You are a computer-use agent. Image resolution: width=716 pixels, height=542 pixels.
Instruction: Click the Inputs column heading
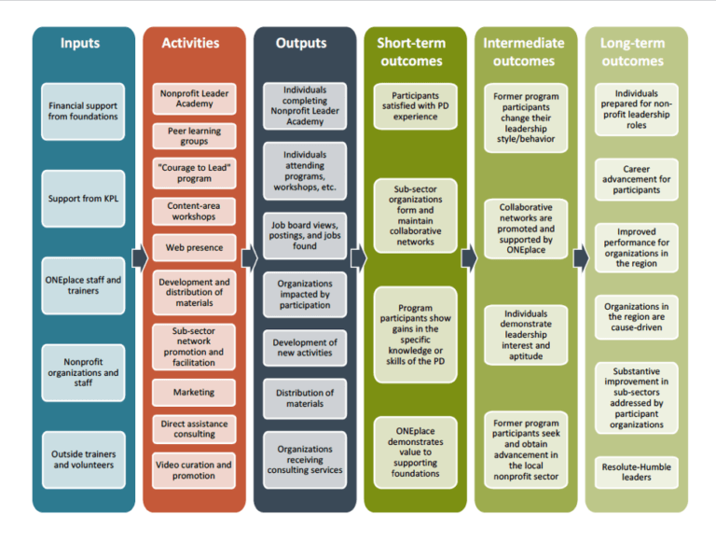[80, 43]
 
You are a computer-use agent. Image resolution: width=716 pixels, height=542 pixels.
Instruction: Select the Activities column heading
[190, 43]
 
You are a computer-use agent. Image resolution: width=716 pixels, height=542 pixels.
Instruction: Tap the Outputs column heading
[301, 43]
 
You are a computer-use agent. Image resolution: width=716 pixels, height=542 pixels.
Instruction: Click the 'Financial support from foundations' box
[83, 111]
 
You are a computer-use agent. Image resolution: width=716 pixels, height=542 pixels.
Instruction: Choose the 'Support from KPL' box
[83, 198]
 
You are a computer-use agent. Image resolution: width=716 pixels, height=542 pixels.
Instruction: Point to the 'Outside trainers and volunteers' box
[83, 459]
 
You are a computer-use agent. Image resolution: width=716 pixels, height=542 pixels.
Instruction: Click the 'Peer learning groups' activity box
[194, 136]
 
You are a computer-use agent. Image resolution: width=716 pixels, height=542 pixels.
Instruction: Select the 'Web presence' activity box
[194, 248]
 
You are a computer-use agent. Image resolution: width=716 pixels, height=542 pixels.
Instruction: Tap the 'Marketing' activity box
[194, 392]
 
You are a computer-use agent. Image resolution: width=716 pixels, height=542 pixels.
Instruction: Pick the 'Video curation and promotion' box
[194, 470]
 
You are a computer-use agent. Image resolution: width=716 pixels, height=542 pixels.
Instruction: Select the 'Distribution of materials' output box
[305, 398]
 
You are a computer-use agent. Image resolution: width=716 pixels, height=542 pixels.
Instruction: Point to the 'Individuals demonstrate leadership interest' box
[526, 333]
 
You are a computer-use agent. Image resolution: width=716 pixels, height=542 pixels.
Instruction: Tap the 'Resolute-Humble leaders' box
[637, 471]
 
